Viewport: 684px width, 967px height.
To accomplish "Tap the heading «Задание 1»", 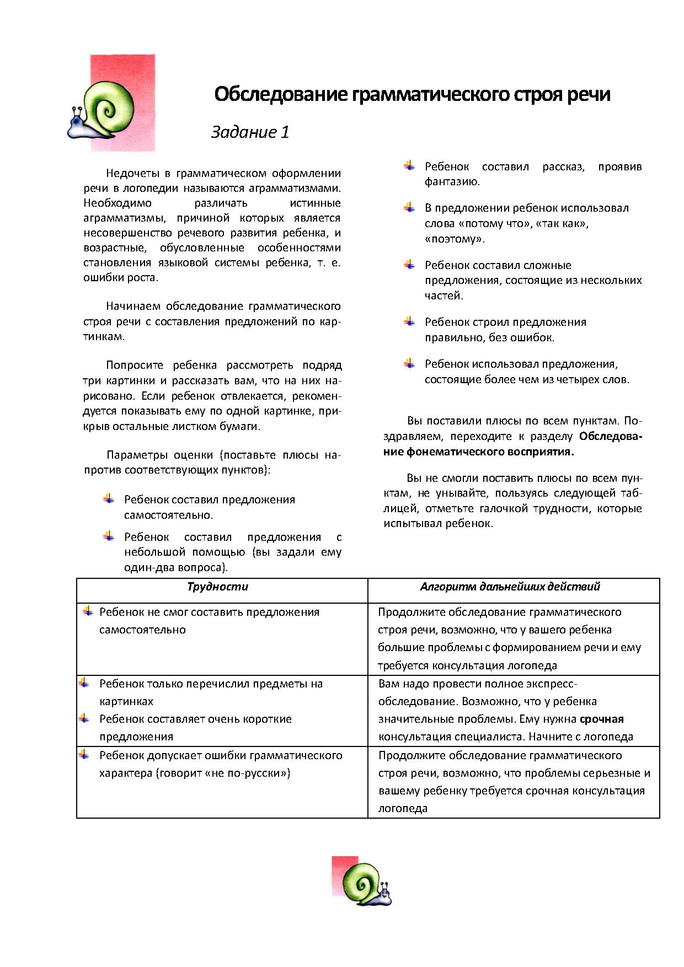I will [250, 132].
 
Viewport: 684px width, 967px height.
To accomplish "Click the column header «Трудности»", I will [218, 587].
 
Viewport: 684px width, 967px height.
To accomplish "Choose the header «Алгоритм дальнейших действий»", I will [510, 587].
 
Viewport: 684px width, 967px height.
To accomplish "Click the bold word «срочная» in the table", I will [601, 719].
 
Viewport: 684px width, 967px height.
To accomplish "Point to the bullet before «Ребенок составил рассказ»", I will [409, 165].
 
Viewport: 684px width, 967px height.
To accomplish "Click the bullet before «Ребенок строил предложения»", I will [409, 321].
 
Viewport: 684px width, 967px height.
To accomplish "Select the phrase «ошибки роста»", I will [120, 278].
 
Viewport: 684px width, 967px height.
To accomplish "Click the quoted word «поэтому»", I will [455, 239].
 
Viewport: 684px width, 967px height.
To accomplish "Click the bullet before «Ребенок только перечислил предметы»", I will [84, 683].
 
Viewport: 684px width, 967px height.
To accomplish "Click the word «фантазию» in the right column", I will [452, 182].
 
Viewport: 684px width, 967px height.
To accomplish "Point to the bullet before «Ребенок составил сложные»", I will [409, 264].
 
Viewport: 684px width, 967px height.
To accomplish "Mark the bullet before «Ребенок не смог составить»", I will [88, 611].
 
